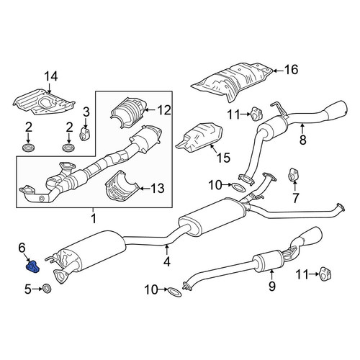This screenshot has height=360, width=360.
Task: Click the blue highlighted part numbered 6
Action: click(33, 267)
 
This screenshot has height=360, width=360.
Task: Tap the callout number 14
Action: click(51, 77)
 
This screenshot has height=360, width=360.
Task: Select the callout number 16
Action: click(291, 70)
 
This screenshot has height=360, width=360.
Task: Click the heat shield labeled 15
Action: click(199, 138)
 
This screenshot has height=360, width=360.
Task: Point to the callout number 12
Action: click(164, 110)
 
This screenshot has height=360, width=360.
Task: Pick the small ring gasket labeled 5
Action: click(46, 288)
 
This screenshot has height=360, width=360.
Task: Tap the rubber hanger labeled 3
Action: click(84, 134)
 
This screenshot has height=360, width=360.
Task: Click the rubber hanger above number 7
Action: click(293, 175)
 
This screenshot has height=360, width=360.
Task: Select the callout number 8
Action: click(303, 140)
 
